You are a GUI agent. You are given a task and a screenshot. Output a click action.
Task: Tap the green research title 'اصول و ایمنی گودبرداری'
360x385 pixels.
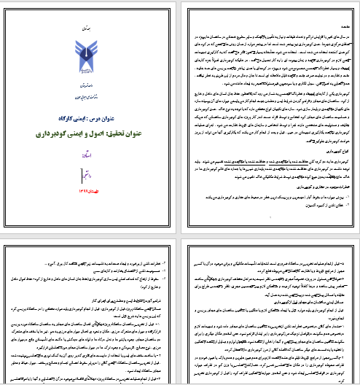click(x=90, y=134)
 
